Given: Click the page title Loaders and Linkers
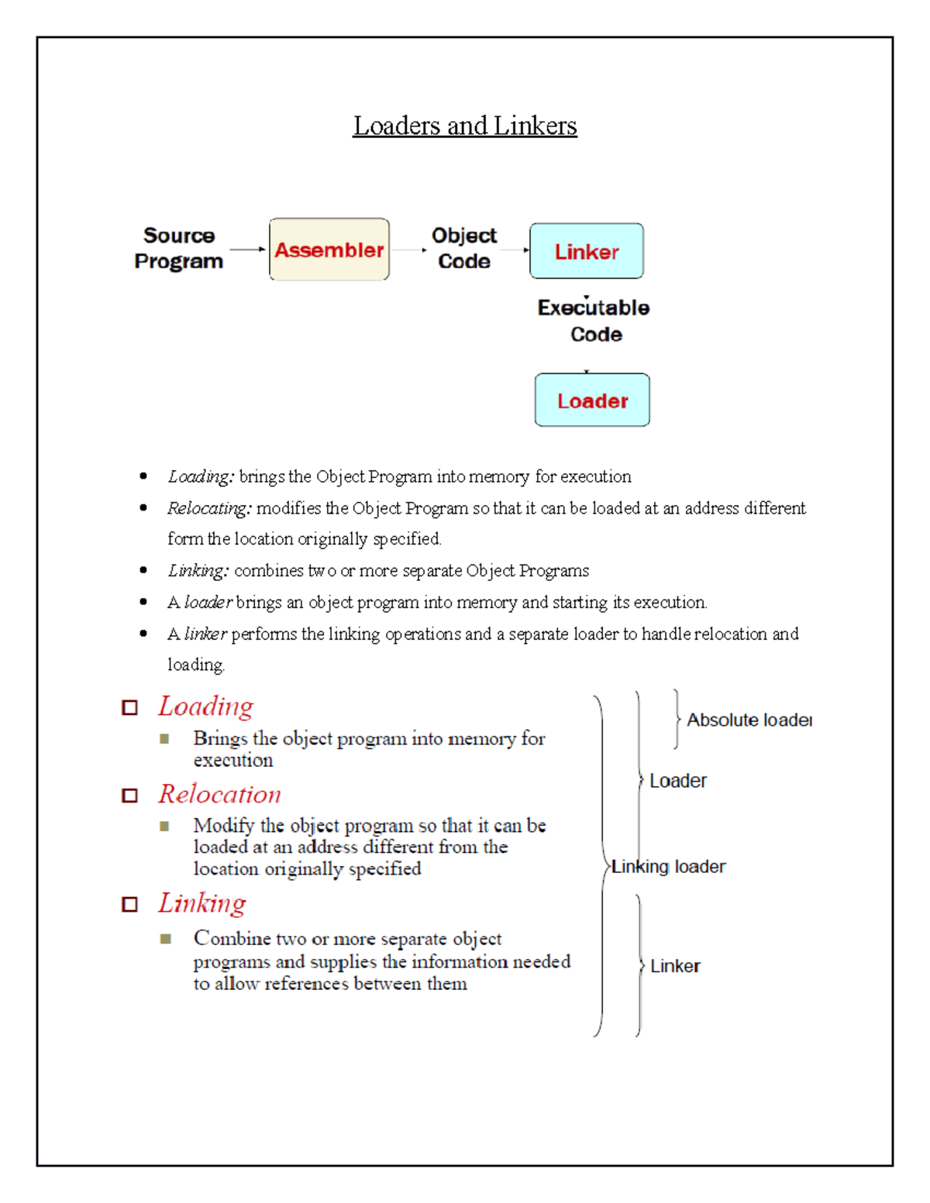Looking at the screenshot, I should click(x=464, y=125).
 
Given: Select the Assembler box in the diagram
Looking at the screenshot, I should click(x=329, y=249).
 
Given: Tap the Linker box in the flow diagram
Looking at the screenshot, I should click(x=586, y=251).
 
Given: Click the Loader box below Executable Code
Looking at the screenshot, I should click(x=592, y=400).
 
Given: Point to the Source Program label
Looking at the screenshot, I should click(x=179, y=248).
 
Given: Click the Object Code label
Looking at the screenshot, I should click(x=463, y=248).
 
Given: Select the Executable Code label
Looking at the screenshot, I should click(x=594, y=321).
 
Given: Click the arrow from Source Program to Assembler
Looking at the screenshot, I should click(x=247, y=249).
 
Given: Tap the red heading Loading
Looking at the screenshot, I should click(x=206, y=706).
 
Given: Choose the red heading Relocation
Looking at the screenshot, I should click(x=220, y=794).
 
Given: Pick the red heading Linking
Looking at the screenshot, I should click(x=202, y=903).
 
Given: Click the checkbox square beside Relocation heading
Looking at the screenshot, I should click(x=129, y=796).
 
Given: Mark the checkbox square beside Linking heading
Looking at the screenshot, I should click(x=129, y=905).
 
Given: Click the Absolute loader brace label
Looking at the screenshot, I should click(x=749, y=720).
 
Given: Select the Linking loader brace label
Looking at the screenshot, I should click(x=669, y=867).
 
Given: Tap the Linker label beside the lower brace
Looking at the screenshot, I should click(x=675, y=966).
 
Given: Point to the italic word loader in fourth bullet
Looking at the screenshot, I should click(x=208, y=602).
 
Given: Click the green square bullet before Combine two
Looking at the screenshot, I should click(x=164, y=939).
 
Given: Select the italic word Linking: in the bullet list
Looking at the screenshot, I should click(x=198, y=571).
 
